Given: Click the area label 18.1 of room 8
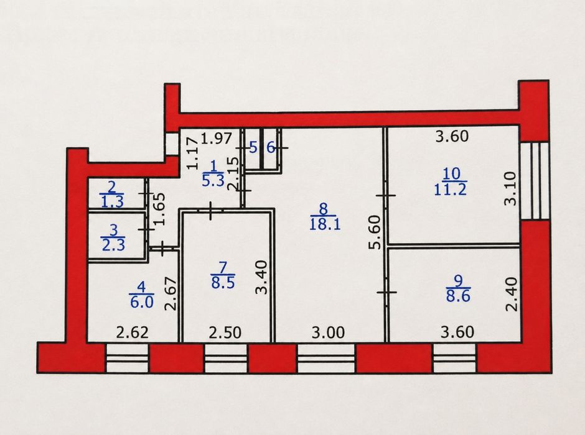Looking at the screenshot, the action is pyautogui.click(x=325, y=224).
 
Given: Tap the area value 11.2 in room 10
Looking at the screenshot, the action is pyautogui.click(x=451, y=190).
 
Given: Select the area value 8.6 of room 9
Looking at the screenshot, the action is pyautogui.click(x=458, y=296).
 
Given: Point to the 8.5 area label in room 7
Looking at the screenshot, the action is pyautogui.click(x=223, y=283).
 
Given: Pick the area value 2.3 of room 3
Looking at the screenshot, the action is pyautogui.click(x=113, y=245).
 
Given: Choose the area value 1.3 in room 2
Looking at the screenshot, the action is pyautogui.click(x=112, y=201).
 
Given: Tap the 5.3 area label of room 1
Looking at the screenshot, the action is pyautogui.click(x=213, y=181).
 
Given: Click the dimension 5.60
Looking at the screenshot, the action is pyautogui.click(x=375, y=232).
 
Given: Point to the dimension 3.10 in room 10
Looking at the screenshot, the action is pyautogui.click(x=510, y=188).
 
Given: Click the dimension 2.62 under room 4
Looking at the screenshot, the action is pyautogui.click(x=132, y=332).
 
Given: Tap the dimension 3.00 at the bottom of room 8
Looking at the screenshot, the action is pyautogui.click(x=329, y=332).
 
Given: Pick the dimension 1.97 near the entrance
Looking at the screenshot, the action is pyautogui.click(x=217, y=138).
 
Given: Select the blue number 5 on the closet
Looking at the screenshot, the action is pyautogui.click(x=253, y=148).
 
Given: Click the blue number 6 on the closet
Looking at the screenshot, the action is pyautogui.click(x=271, y=148).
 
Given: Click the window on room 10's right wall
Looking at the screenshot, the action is pyautogui.click(x=535, y=181).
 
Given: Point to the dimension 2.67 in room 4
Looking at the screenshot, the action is pyautogui.click(x=171, y=294).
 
